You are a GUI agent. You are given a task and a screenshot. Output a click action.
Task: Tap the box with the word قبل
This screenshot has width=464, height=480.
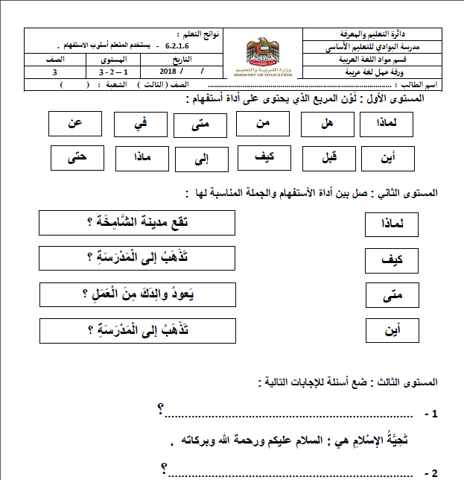coord(325,158)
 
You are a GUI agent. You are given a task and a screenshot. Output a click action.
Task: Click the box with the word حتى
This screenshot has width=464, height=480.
coord(77,158)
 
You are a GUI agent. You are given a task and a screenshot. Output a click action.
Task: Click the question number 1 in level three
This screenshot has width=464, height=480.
coord(430,412)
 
